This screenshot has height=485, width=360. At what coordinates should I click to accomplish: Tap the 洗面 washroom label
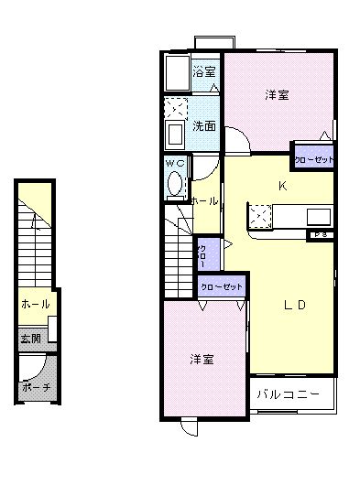pos(204,125)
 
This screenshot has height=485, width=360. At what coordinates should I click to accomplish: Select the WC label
pos(175,164)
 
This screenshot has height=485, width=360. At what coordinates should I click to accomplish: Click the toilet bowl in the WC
pos(175,184)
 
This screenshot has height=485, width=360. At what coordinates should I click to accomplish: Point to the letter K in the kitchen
pos(284,185)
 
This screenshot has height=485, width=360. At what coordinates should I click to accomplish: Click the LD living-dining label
pos(293,305)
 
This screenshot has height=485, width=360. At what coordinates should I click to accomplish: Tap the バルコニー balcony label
pos(288,394)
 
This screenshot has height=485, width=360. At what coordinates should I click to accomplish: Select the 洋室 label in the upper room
pos(278,94)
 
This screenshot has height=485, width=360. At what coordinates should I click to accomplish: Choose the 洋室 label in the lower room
pos(202,359)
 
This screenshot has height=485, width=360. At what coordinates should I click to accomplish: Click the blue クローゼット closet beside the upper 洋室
pos(314,158)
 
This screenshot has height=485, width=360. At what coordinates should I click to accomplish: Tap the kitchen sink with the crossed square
pos(260,215)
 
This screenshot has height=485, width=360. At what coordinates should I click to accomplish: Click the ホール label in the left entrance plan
pos(36,304)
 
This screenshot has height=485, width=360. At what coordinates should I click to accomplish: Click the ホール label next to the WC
pos(204,201)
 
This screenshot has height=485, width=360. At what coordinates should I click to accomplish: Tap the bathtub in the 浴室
pos(176,73)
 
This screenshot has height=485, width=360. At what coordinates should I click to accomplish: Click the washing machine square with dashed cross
pos(175,107)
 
